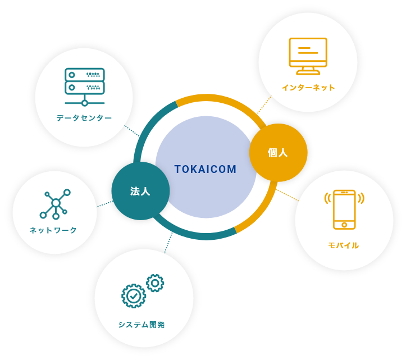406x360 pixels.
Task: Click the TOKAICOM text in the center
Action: [x=206, y=169]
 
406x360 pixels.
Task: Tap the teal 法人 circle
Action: [x=140, y=191]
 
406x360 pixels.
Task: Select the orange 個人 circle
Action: [x=278, y=152]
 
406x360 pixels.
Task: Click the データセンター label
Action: [x=84, y=118]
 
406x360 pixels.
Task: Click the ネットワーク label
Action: [x=53, y=230]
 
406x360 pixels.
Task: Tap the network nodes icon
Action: [x=55, y=204]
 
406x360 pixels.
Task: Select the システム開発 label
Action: [x=142, y=325]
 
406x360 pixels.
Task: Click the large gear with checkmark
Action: [x=134, y=296]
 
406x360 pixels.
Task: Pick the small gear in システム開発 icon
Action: [x=155, y=283]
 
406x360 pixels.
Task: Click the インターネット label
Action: [x=308, y=88]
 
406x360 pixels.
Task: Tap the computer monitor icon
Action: [x=308, y=56]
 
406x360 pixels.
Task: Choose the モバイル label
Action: [x=344, y=245]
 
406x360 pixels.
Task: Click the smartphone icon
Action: [x=344, y=209]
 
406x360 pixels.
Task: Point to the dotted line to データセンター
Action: [x=132, y=131]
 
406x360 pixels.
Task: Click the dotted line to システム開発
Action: [x=168, y=242]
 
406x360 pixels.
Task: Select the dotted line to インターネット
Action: [x=264, y=105]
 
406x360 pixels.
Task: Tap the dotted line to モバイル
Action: [x=288, y=195]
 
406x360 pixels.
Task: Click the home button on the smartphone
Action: [x=344, y=225]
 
